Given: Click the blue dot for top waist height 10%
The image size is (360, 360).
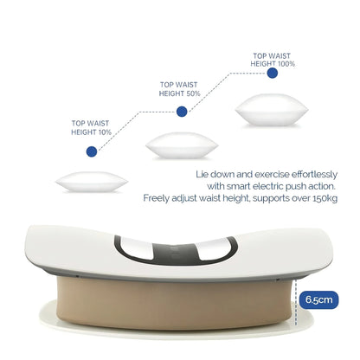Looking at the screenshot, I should pyautogui.click(x=91, y=151).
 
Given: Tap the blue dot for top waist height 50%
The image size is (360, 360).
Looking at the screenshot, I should pyautogui.click(x=182, y=111).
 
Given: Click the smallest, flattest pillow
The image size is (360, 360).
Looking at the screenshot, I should pyautogui.click(x=91, y=182).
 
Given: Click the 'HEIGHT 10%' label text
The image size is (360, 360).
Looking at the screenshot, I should pyautogui.click(x=91, y=132).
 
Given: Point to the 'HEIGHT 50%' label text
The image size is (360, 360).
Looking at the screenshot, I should pyautogui.click(x=182, y=93).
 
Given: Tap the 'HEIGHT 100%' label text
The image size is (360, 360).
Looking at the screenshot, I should pyautogui.click(x=273, y=63).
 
